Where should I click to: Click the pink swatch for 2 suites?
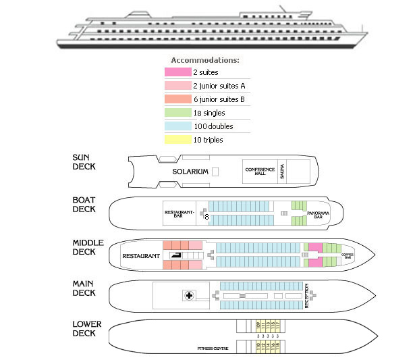tap(177, 72)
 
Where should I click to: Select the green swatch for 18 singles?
tap(177, 113)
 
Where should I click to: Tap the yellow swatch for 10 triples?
tap(177, 140)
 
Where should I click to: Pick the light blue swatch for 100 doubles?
tap(177, 126)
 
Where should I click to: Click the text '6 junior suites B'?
tap(219, 99)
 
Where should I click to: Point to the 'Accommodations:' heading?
tap(204, 60)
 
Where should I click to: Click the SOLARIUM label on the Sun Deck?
tap(190, 172)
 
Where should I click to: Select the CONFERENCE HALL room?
tap(256, 171)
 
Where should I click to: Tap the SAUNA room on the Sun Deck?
tap(282, 172)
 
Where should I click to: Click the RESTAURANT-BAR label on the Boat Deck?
tap(179, 213)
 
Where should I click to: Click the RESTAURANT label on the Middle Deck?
tap(140, 256)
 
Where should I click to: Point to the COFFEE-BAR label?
tap(348, 257)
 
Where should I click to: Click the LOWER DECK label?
tap(86, 329)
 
